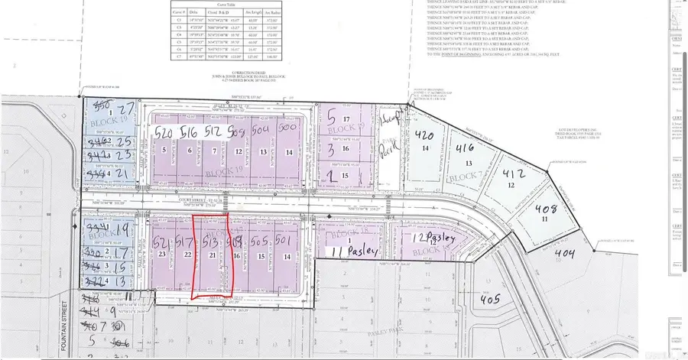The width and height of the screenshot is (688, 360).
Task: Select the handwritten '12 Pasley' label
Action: (x=434, y=240)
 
